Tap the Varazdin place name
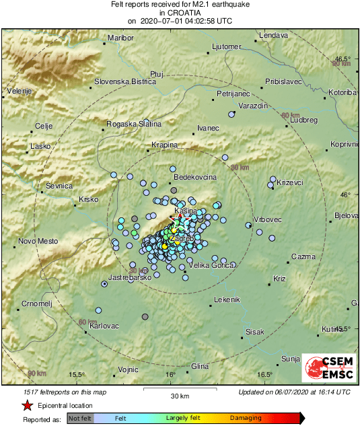pos(254,106)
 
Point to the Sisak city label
pos(255,332)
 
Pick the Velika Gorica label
pos(213,265)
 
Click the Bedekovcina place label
pos(195,176)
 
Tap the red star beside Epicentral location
pos(27,406)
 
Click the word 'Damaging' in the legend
pos(247,418)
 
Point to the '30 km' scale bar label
pos(179,395)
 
